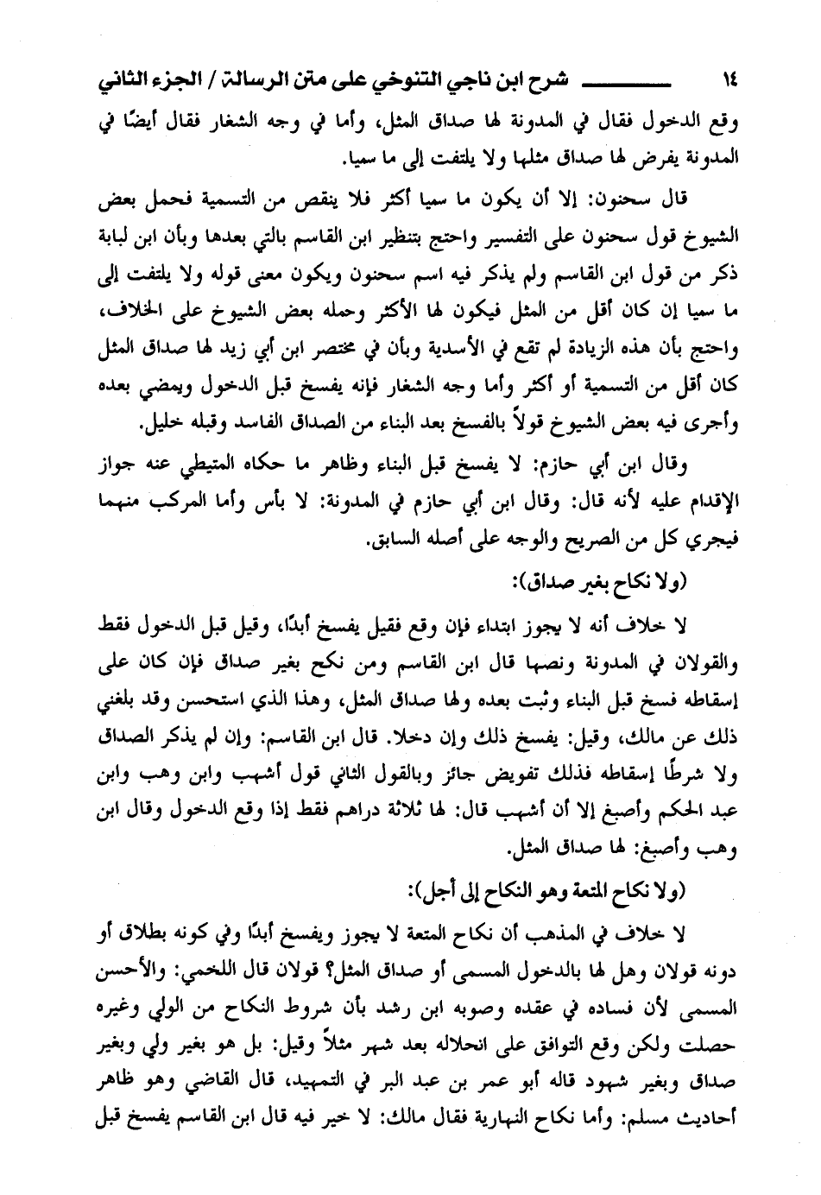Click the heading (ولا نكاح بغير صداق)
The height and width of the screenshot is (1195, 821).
[597, 583]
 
